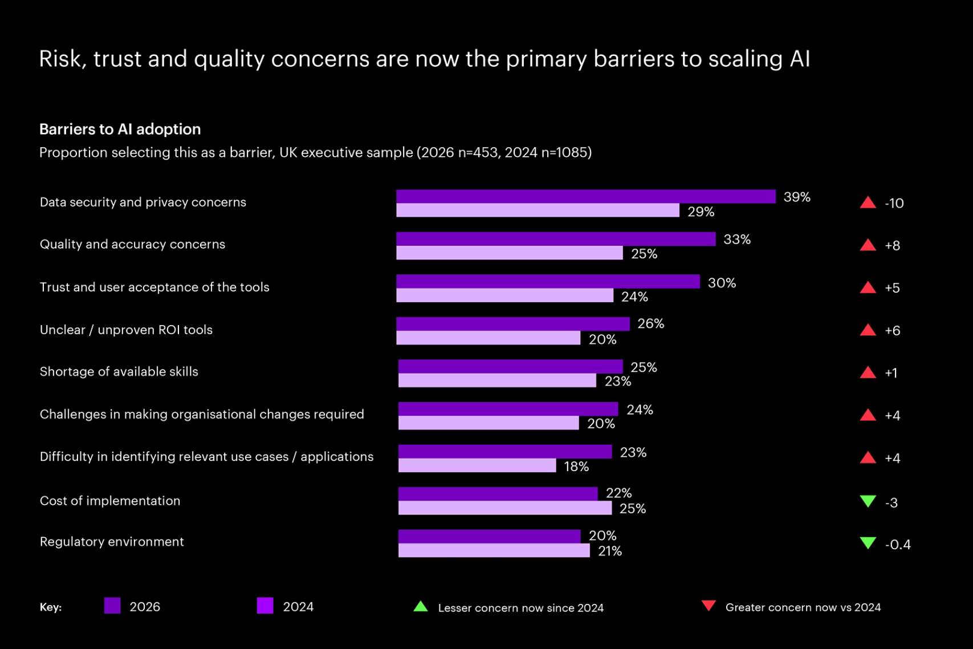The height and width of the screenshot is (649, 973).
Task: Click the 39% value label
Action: click(x=796, y=197)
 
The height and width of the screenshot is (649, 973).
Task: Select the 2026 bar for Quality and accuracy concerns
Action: click(x=556, y=239)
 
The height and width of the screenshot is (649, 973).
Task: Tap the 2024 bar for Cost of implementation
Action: click(x=504, y=508)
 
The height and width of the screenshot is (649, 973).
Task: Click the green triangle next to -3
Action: click(x=868, y=501)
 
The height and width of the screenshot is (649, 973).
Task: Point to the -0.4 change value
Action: click(x=898, y=545)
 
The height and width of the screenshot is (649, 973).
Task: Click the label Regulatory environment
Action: click(x=112, y=541)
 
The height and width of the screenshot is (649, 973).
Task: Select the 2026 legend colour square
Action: click(x=112, y=606)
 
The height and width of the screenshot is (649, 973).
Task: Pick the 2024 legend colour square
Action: click(x=265, y=606)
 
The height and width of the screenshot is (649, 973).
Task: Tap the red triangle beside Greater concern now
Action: click(x=709, y=606)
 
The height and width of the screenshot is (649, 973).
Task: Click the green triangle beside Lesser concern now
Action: click(x=421, y=606)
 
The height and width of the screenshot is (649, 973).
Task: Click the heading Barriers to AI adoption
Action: click(x=120, y=129)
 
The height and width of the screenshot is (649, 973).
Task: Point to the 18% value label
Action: click(x=576, y=467)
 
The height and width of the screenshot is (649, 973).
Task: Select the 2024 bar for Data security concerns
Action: click(x=538, y=210)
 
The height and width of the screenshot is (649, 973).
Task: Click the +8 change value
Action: click(x=892, y=246)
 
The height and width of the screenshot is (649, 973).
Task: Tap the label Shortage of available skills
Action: click(x=119, y=371)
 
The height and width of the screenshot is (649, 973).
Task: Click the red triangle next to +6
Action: click(x=868, y=330)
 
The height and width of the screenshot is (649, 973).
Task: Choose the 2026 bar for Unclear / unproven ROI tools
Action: click(x=513, y=323)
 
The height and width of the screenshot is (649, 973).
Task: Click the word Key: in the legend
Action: click(x=51, y=607)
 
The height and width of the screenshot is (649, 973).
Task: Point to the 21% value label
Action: click(x=609, y=551)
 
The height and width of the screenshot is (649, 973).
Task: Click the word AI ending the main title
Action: click(x=799, y=59)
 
